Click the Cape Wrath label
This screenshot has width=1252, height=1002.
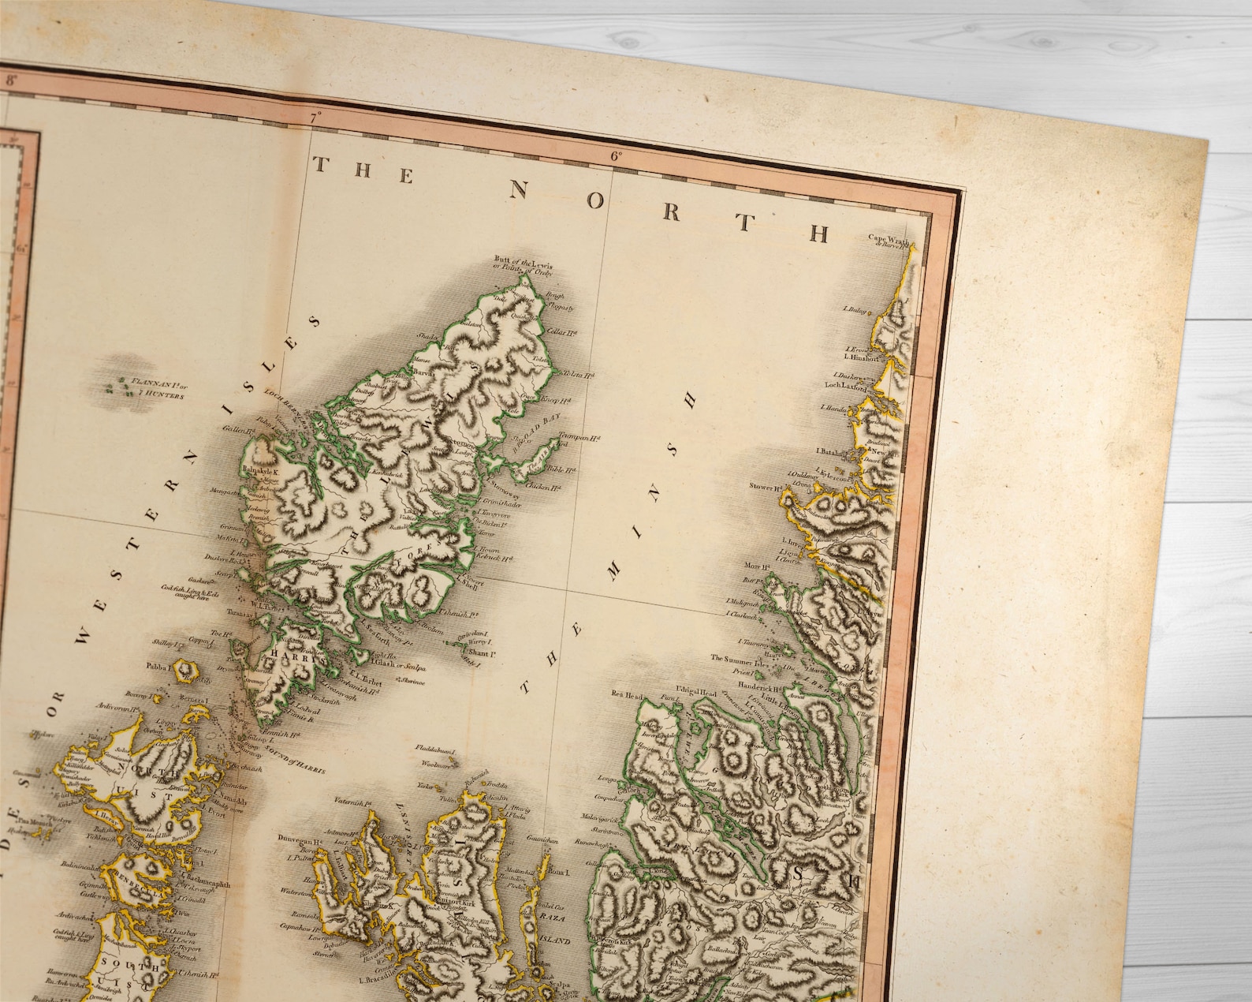(x=889, y=240)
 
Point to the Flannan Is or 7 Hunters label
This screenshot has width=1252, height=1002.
(x=158, y=389)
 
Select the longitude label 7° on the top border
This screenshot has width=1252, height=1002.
(x=318, y=118)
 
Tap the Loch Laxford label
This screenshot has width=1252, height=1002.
(x=845, y=388)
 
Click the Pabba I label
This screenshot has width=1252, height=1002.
(x=158, y=666)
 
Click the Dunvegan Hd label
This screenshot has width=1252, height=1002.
(x=297, y=840)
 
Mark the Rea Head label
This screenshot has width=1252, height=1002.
(x=628, y=695)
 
